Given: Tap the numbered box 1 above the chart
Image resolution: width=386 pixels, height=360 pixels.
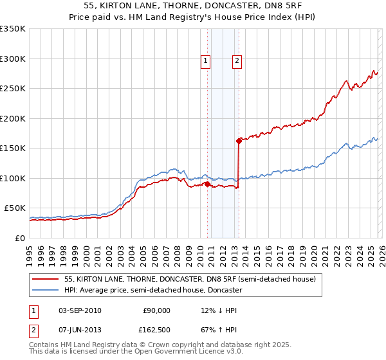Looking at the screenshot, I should (205, 61).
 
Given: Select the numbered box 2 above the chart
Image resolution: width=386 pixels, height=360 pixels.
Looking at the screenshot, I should (237, 61).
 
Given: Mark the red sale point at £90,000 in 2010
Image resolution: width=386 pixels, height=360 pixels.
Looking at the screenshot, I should (207, 184).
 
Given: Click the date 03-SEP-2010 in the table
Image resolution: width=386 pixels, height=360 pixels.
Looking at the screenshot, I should (80, 310).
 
